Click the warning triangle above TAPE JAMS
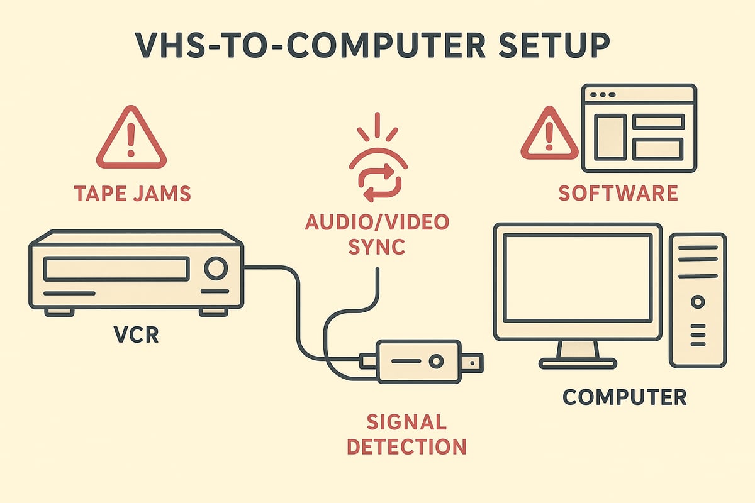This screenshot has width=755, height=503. pyautogui.click(x=131, y=139)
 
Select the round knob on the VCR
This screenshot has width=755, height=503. pyautogui.click(x=215, y=268)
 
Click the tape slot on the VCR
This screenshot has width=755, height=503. pyautogui.click(x=116, y=268)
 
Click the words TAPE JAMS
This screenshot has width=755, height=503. pyautogui.click(x=131, y=193)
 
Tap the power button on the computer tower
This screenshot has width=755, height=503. pyautogui.click(x=697, y=302)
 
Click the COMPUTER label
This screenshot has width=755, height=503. pyautogui.click(x=624, y=397)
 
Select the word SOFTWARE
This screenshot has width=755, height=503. pyautogui.click(x=618, y=193)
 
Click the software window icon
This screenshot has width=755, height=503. pyautogui.click(x=639, y=128)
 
